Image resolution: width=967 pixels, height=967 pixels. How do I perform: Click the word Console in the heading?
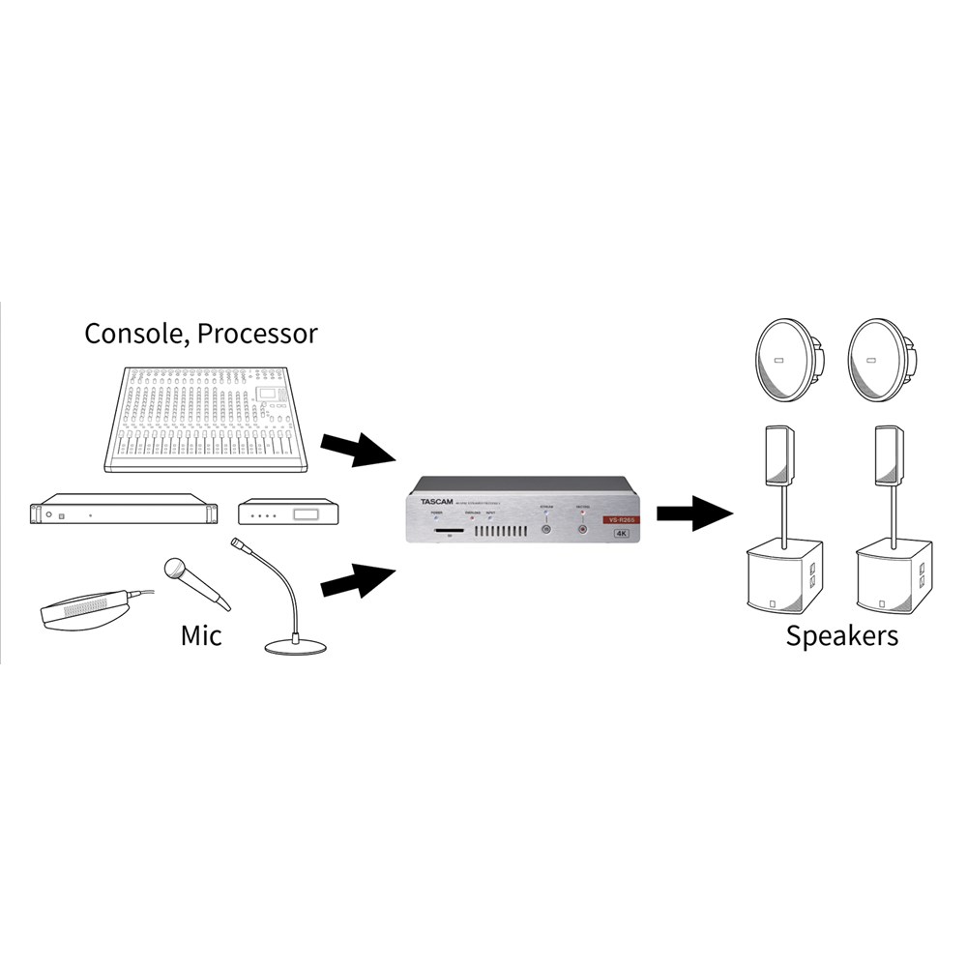tap(134, 335)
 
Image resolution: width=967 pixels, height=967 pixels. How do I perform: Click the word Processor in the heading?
tap(257, 335)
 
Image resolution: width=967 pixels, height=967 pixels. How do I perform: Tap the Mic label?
tap(201, 635)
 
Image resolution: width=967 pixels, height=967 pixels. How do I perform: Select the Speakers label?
tap(841, 635)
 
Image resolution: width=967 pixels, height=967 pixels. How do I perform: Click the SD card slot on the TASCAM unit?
tap(448, 531)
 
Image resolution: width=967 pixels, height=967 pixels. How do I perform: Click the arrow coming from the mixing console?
tap(356, 447)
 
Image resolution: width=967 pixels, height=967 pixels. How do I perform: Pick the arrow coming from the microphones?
tap(356, 580)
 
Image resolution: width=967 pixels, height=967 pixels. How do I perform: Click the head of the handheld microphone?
tap(176, 568)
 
